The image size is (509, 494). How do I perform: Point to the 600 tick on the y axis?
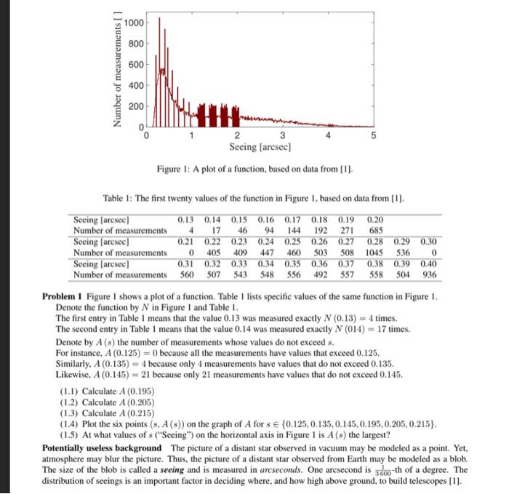(x=135, y=65)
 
